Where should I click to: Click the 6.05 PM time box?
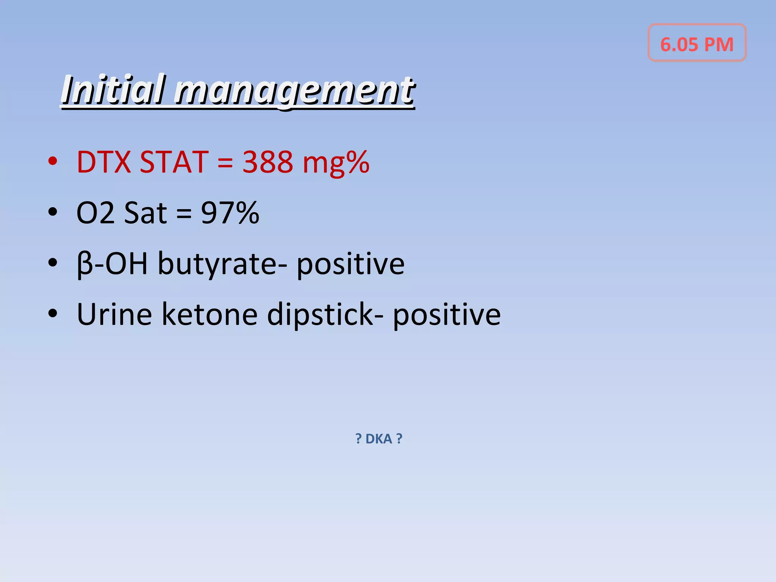click(x=696, y=43)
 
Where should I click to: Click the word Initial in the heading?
click(x=113, y=90)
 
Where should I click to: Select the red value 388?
click(x=268, y=162)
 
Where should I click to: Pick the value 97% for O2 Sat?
click(x=230, y=213)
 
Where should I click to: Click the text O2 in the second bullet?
click(x=95, y=213)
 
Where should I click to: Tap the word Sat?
click(x=145, y=213)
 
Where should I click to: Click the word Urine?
click(x=114, y=314)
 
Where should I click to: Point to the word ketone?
click(x=210, y=314)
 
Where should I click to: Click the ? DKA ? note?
click(x=379, y=439)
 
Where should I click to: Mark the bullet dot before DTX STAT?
click(x=53, y=161)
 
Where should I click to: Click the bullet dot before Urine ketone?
click(x=53, y=313)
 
